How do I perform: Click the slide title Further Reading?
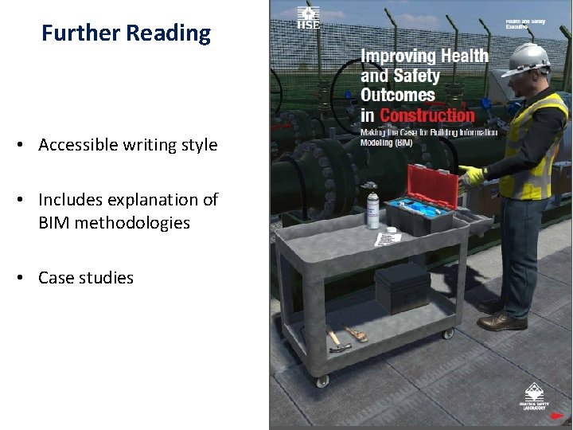click(127, 33)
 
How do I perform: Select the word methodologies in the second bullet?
click(114, 223)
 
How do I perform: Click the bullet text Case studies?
click(86, 278)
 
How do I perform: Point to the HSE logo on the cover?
click(308, 18)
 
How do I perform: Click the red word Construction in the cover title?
click(426, 115)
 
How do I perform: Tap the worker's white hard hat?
click(528, 58)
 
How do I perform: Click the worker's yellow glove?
click(474, 174)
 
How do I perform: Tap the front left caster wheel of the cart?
click(322, 381)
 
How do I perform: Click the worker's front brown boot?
click(502, 321)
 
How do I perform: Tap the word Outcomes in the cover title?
click(398, 95)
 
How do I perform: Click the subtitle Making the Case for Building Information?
click(428, 132)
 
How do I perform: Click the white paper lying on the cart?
click(388, 236)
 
